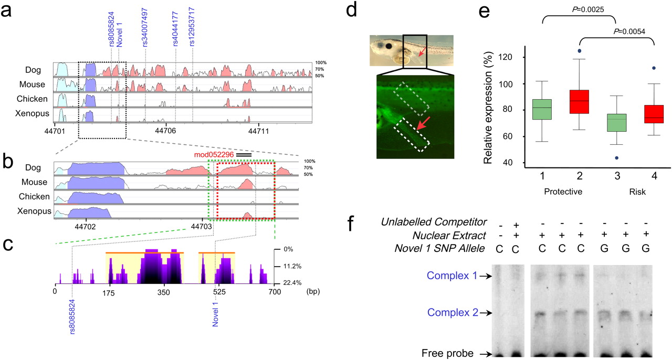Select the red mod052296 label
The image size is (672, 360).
coord(213,155)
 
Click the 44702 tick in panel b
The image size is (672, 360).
coord(85,227)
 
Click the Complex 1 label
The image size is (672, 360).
coord(452,275)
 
